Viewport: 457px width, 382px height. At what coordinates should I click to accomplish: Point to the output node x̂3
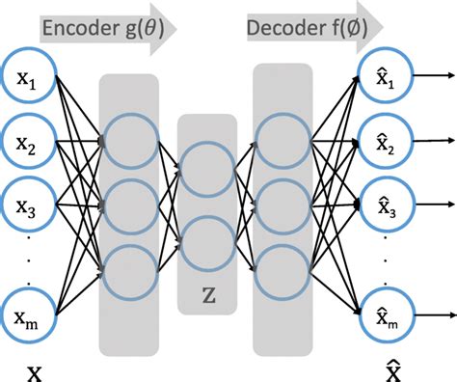tap(386, 205)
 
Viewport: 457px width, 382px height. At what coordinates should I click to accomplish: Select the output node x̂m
tap(386, 314)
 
